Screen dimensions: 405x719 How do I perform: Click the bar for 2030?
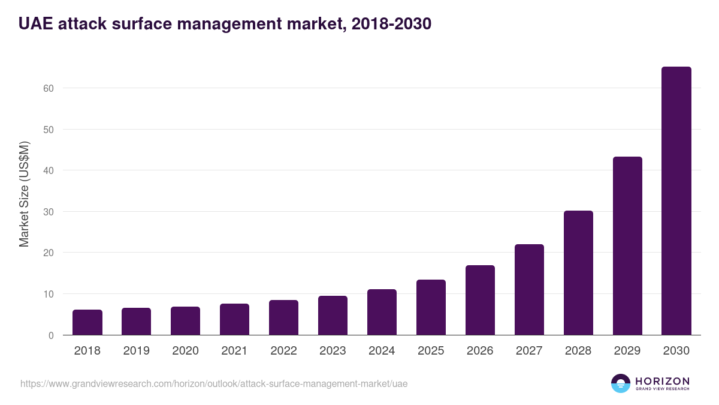pos(676,201)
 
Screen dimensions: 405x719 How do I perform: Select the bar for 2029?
pos(627,246)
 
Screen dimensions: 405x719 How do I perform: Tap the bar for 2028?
pos(578,273)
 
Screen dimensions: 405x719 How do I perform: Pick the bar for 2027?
pos(529,290)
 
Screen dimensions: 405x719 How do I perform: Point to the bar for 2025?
pos(431,307)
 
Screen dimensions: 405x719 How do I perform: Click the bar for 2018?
pos(87,322)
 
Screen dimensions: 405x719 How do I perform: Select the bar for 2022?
pos(283,317)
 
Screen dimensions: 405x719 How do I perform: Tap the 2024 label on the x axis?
pos(382,351)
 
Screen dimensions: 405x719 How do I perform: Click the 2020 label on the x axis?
pos(185,351)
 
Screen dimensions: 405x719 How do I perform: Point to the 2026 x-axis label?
pos(480,351)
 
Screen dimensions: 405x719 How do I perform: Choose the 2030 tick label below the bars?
pos(676,351)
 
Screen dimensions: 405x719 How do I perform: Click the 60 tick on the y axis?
pos(49,88)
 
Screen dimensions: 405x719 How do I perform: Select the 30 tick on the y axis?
pos(49,212)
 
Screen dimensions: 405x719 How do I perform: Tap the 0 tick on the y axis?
pos(51,335)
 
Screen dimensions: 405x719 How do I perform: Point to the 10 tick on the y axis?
pos(49,294)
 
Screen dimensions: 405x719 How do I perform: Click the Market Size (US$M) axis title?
pos(24,194)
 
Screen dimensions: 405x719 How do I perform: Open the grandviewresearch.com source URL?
pos(214,383)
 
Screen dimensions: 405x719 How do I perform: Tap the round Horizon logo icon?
pos(621,383)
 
